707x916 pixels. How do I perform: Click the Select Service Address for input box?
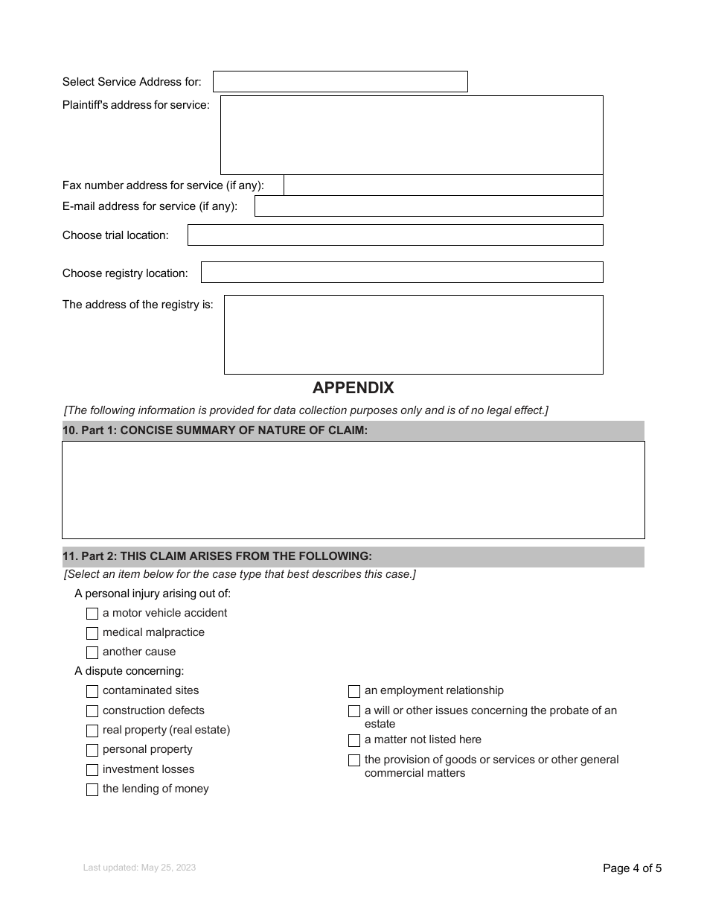point(340,81)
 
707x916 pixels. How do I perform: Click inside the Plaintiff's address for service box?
point(412,135)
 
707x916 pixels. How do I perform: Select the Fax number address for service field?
point(444,185)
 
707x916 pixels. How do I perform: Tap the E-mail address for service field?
point(429,206)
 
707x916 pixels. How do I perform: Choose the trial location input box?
point(395,235)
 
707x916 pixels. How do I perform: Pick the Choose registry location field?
point(402,273)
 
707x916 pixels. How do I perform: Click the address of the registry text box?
point(413,334)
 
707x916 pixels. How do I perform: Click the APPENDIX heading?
point(353,388)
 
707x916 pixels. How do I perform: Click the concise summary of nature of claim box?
point(353,490)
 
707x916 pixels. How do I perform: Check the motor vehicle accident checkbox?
point(92,614)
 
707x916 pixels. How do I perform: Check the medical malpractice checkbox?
point(92,633)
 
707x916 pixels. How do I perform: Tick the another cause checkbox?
point(92,652)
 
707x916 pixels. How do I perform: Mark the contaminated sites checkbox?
point(92,691)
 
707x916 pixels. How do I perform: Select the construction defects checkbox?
point(92,711)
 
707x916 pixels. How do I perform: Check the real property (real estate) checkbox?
point(92,731)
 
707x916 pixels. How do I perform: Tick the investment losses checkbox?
point(92,770)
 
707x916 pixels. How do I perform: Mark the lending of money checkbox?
point(92,789)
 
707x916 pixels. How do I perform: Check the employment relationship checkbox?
point(354,691)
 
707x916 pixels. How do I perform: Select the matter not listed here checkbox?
point(354,740)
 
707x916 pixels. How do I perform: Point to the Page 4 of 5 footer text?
point(632,868)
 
